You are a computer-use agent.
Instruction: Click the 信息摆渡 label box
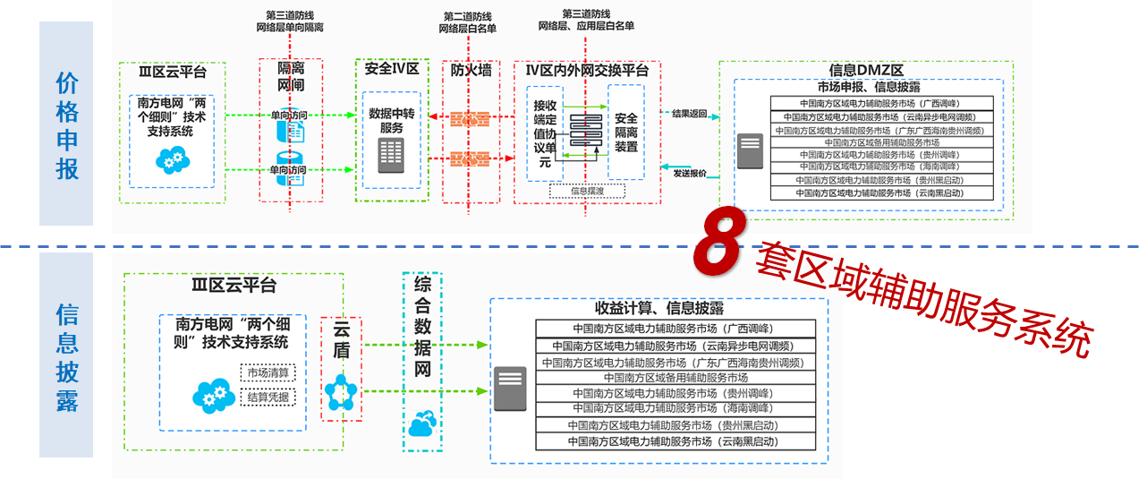pos(586,190)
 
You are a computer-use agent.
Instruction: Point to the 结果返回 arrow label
pos(688,114)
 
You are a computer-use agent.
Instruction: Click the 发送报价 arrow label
pos(689,173)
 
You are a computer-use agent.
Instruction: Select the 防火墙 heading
pos(471,70)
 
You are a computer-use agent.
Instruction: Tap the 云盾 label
pos(341,339)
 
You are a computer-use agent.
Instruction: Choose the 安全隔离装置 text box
pos(625,132)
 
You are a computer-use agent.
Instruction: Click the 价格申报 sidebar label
pos(67,124)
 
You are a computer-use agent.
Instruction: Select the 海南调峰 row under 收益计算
pos(675,408)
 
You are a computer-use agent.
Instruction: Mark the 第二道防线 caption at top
pos(467,22)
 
